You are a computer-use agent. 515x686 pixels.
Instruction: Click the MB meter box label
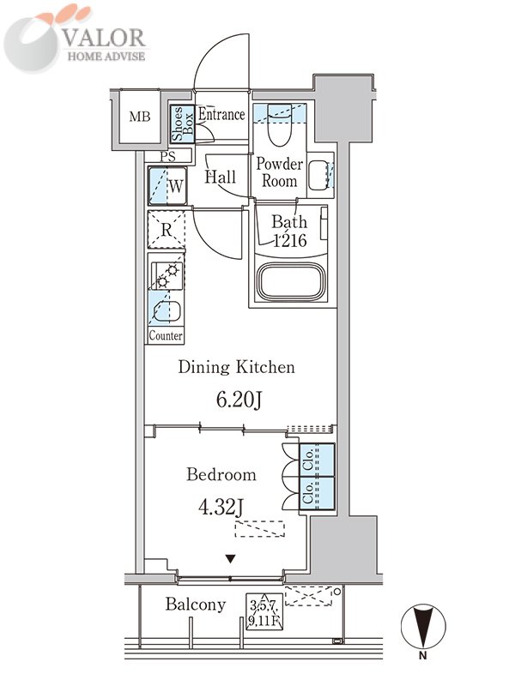click(140, 117)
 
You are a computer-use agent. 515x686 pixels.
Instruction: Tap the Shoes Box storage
click(182, 124)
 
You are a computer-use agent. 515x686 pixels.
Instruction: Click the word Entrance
click(221, 115)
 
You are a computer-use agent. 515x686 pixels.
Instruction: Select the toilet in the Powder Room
click(280, 125)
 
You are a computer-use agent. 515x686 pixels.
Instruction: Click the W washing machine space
click(167, 186)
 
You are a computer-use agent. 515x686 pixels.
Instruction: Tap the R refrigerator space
click(167, 230)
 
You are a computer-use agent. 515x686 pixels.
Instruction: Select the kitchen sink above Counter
click(166, 311)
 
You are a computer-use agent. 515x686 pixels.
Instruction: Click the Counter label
click(166, 335)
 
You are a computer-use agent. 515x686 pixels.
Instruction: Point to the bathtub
click(292, 282)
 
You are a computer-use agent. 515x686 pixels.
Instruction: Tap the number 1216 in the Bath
click(290, 240)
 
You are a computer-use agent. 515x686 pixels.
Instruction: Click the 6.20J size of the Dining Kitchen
click(239, 399)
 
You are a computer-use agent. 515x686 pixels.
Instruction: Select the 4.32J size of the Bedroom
click(221, 507)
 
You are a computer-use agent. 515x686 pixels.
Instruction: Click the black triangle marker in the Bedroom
click(231, 559)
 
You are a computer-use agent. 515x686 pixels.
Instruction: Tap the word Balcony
click(196, 605)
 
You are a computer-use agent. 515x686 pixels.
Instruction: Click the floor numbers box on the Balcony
click(264, 611)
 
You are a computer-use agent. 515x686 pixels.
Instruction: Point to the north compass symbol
click(423, 627)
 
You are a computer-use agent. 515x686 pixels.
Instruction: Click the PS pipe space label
click(167, 156)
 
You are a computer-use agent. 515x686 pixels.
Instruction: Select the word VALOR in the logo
click(104, 38)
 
